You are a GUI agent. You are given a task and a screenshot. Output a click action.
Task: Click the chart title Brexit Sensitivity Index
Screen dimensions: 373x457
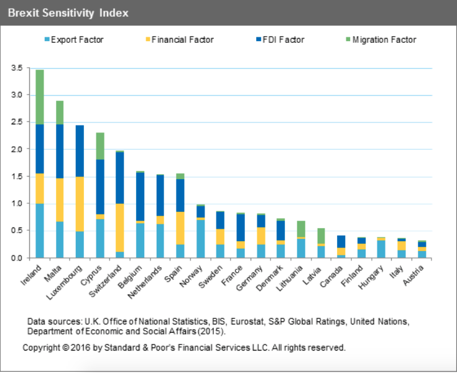pos(68,12)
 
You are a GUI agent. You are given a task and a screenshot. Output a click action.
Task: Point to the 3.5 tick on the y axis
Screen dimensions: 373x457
pos(16,68)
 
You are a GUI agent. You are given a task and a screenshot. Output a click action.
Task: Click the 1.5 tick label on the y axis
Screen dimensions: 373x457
pos(16,177)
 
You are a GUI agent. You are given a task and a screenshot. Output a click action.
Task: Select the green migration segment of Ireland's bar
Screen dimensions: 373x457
pos(40,97)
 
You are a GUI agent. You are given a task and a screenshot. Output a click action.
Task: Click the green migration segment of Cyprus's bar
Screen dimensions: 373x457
pos(100,146)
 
